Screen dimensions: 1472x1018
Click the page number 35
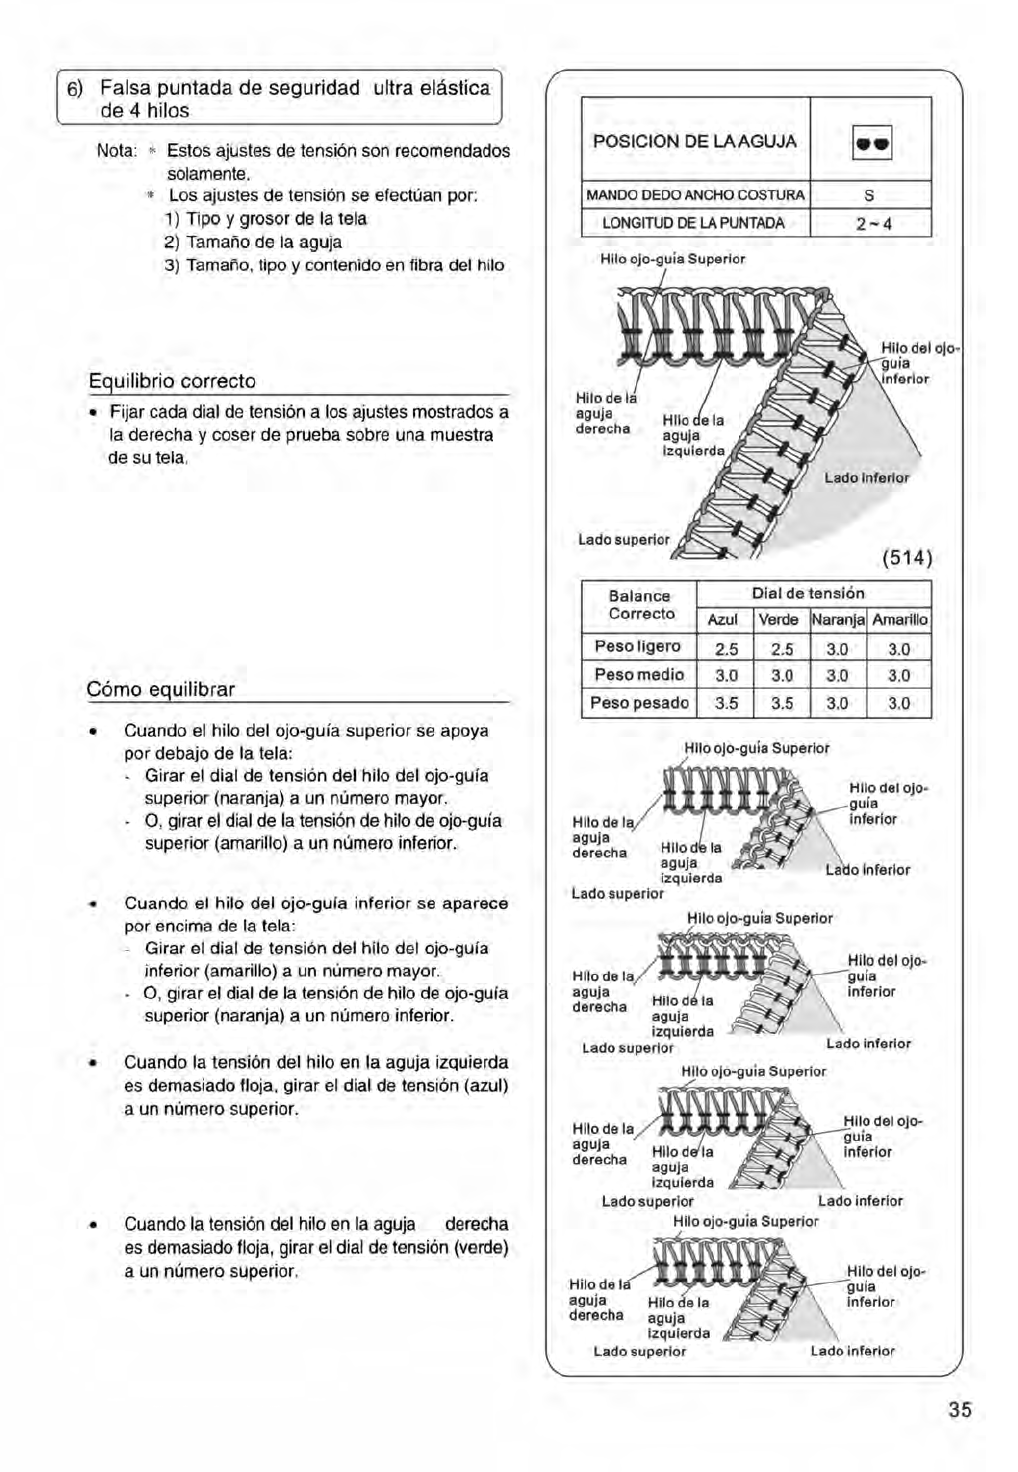tap(959, 1410)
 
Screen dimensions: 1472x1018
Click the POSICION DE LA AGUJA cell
tap(695, 142)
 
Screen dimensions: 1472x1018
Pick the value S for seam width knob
tap(870, 195)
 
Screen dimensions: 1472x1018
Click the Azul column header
tap(723, 620)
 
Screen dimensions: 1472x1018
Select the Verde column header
tap(778, 620)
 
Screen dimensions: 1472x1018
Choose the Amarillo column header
tap(900, 620)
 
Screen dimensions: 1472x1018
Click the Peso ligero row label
tap(638, 647)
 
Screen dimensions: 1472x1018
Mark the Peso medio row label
tap(639, 675)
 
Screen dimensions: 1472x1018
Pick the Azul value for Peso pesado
tap(726, 703)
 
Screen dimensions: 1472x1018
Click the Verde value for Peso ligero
tap(781, 648)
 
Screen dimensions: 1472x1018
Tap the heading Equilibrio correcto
tap(172, 381)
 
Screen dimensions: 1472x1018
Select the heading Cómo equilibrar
tap(161, 690)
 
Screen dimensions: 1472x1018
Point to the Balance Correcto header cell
tap(640, 605)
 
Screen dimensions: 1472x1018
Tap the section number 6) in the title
tap(75, 89)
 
